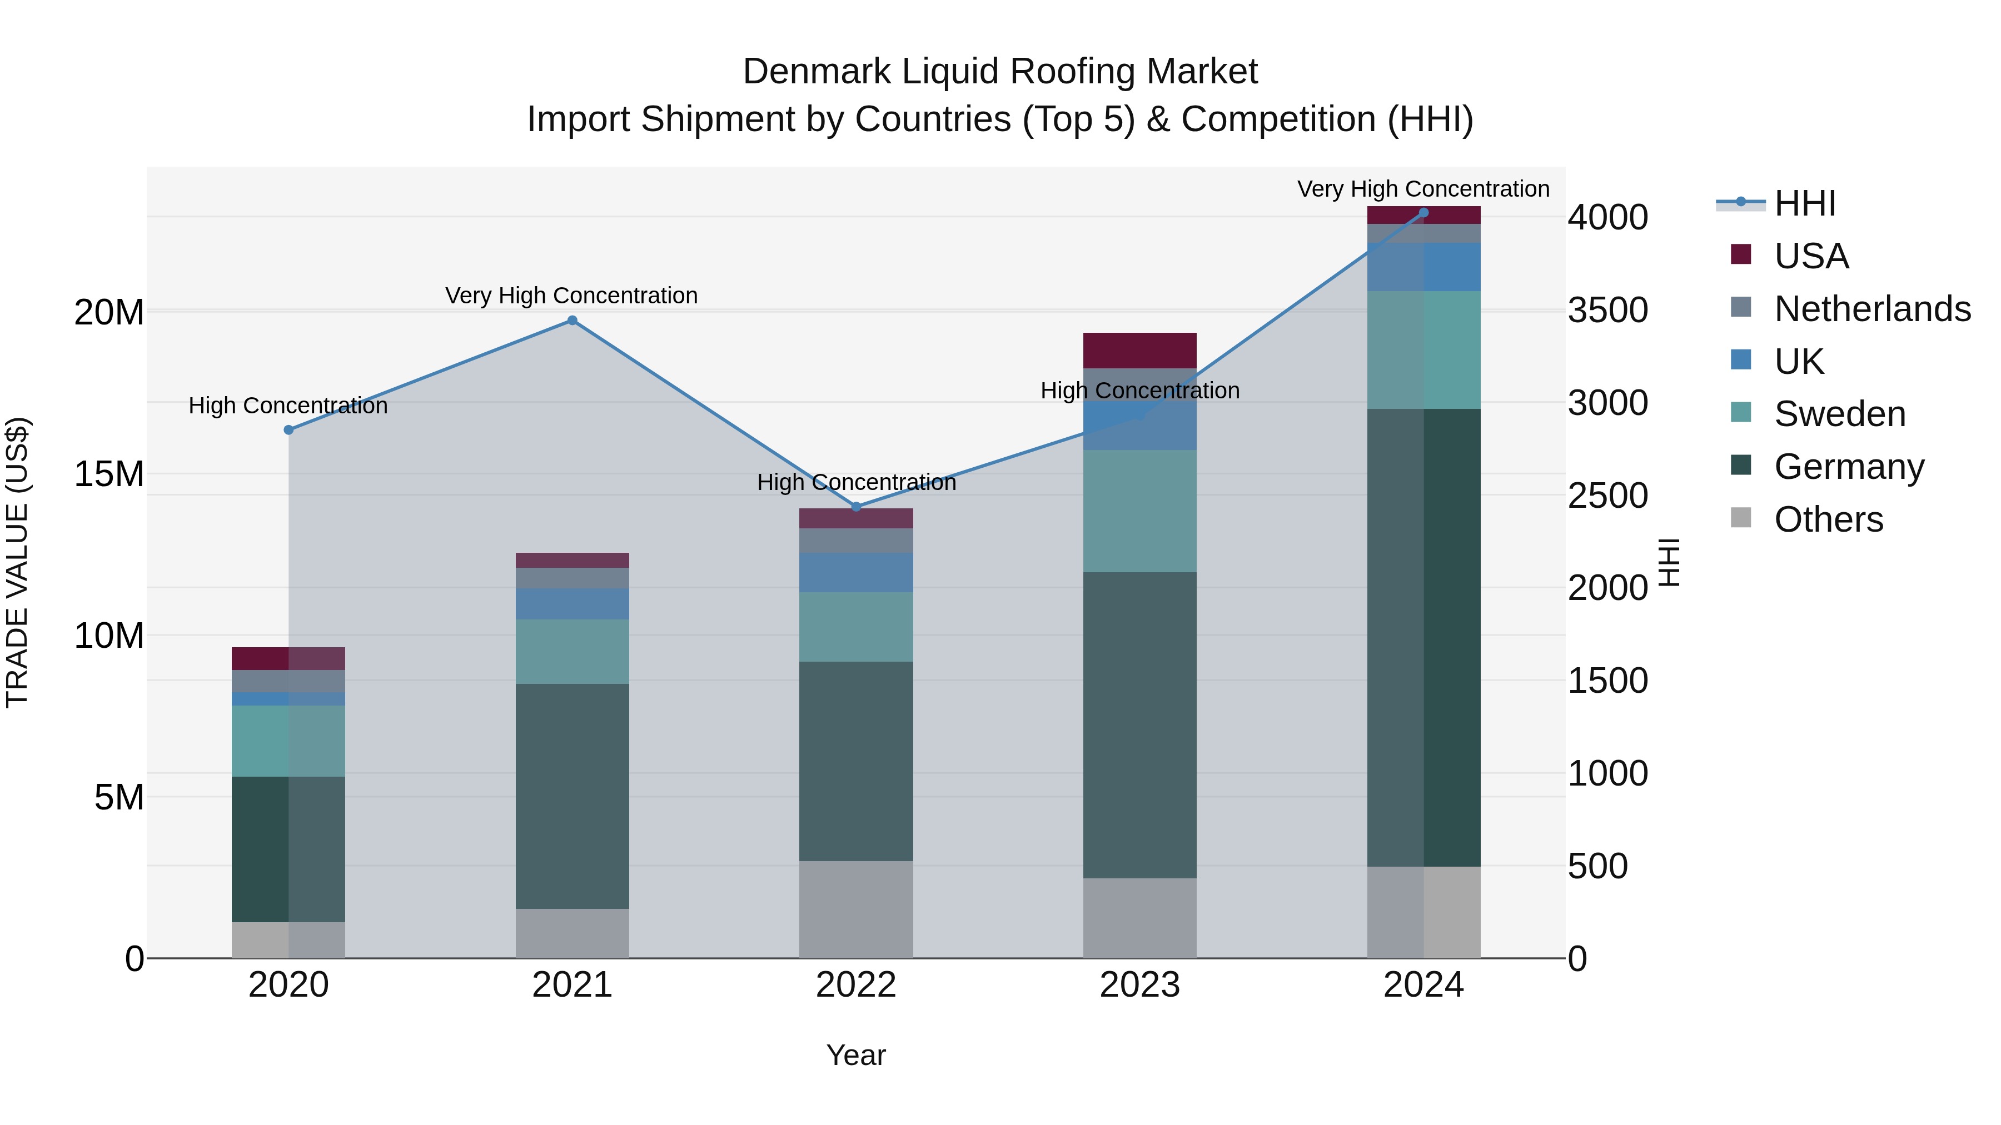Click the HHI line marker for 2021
[573, 321]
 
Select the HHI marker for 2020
[288, 430]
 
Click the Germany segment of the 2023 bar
[1139, 725]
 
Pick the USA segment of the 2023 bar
[1139, 350]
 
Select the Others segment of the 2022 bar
[856, 909]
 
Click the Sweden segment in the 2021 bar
[573, 652]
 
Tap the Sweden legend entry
[1839, 414]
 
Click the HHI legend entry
[1804, 203]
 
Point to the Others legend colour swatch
[1741, 518]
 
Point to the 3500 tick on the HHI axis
[1607, 311]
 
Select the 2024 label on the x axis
[1423, 985]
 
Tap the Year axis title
[856, 1055]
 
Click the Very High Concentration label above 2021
[572, 296]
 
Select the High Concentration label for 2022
[856, 482]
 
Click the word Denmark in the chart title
[817, 72]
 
